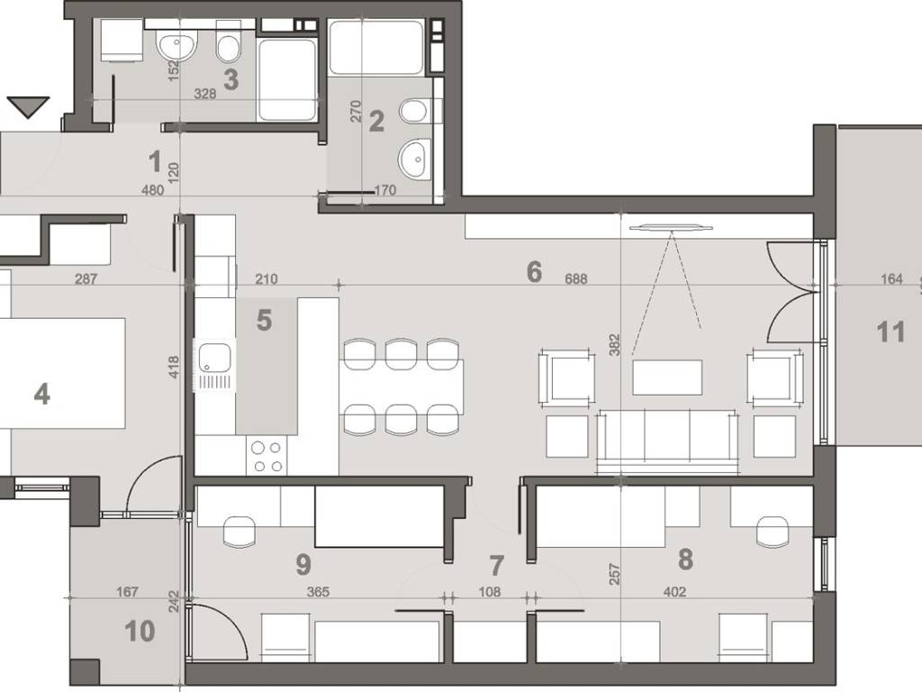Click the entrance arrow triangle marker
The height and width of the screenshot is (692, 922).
click(28, 107)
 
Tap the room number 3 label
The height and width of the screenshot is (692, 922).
click(231, 80)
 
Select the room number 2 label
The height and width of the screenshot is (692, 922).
click(376, 122)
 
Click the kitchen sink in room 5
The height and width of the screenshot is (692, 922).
click(214, 364)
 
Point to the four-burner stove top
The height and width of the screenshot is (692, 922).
click(267, 456)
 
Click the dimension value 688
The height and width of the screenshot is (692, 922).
click(575, 279)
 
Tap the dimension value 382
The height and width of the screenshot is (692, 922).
click(614, 345)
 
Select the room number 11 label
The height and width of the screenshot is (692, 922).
click(890, 332)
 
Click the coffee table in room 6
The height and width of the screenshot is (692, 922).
click(667, 378)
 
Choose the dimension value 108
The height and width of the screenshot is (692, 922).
click(490, 591)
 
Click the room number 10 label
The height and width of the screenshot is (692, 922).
click(140, 631)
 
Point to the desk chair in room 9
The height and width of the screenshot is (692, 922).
click(240, 532)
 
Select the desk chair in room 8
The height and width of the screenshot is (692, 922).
click(773, 532)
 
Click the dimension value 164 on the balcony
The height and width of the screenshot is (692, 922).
click(891, 279)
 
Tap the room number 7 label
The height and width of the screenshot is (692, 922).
click(497, 566)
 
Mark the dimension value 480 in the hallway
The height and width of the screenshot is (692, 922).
click(153, 189)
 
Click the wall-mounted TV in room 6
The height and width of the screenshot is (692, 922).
click(671, 228)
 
